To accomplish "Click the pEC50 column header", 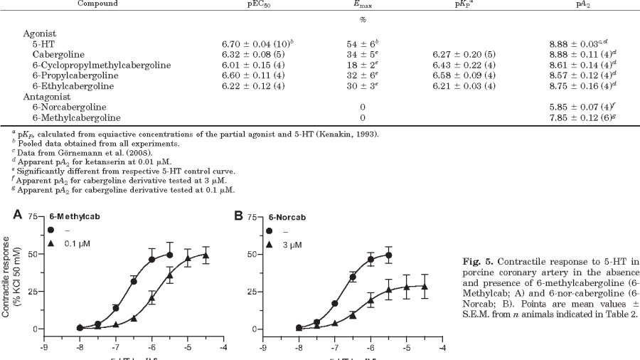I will click(255, 4).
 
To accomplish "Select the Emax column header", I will click(364, 4).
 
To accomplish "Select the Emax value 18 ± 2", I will click(364, 65).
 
